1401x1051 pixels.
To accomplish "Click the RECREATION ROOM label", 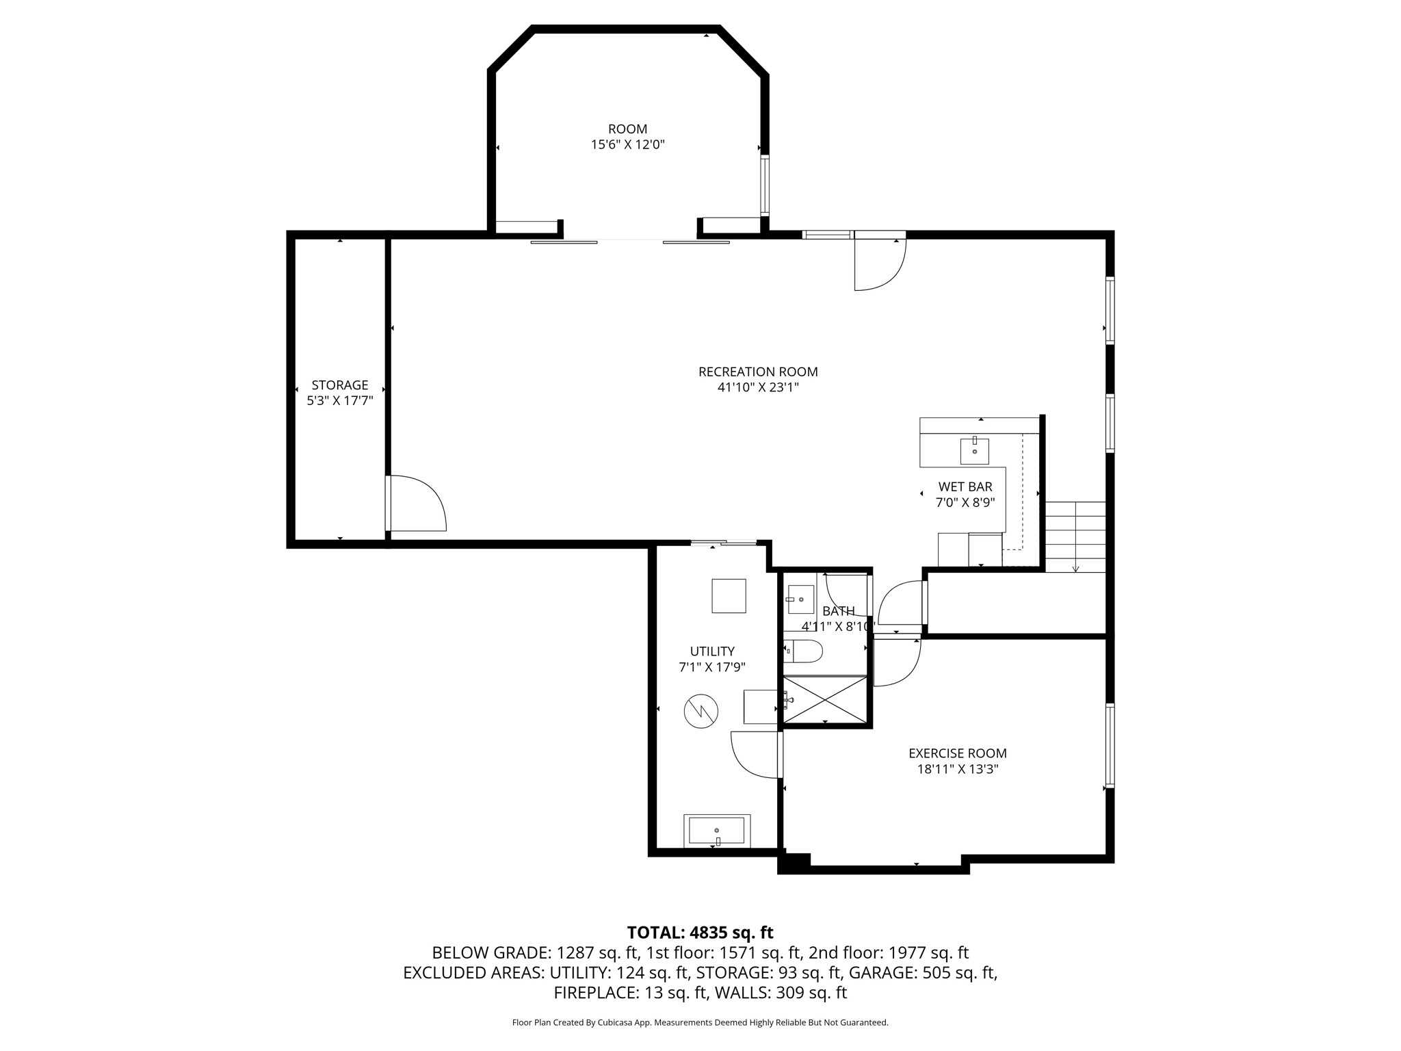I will [x=758, y=372].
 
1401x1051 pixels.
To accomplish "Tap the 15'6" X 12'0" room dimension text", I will [x=627, y=145].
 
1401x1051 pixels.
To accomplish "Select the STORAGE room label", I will [x=339, y=385].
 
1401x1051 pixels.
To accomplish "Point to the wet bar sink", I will [x=974, y=452].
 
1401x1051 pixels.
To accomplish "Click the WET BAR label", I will [x=965, y=487].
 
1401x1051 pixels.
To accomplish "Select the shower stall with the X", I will [x=825, y=699].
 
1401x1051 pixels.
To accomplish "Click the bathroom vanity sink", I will [x=800, y=599].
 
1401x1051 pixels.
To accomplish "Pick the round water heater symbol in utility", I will [x=700, y=712].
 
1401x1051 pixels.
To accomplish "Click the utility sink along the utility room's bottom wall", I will [x=716, y=831].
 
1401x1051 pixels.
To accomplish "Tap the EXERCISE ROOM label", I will [x=957, y=753].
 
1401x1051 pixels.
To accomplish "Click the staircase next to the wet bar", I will [x=1075, y=536].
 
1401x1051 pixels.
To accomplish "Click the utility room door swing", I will [x=755, y=755].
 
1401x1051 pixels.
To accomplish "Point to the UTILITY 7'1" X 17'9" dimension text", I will [x=712, y=667].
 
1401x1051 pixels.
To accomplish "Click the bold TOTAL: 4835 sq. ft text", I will [x=700, y=933].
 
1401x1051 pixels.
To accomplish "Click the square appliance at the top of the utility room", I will [x=729, y=596].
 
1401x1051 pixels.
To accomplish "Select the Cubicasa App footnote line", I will [x=700, y=1023].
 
